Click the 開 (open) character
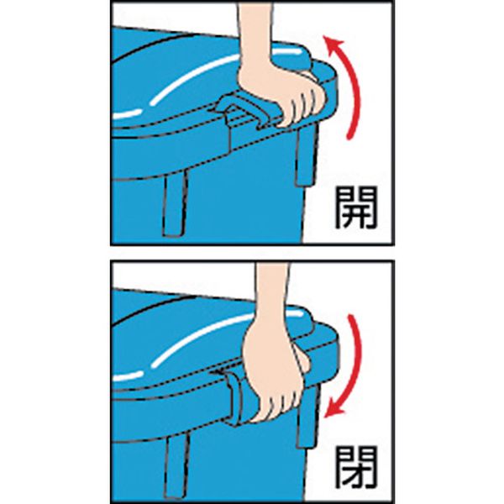(356, 208)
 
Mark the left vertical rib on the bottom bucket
(176, 466)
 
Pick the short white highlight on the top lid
(127, 113)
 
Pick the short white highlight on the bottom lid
(128, 376)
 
